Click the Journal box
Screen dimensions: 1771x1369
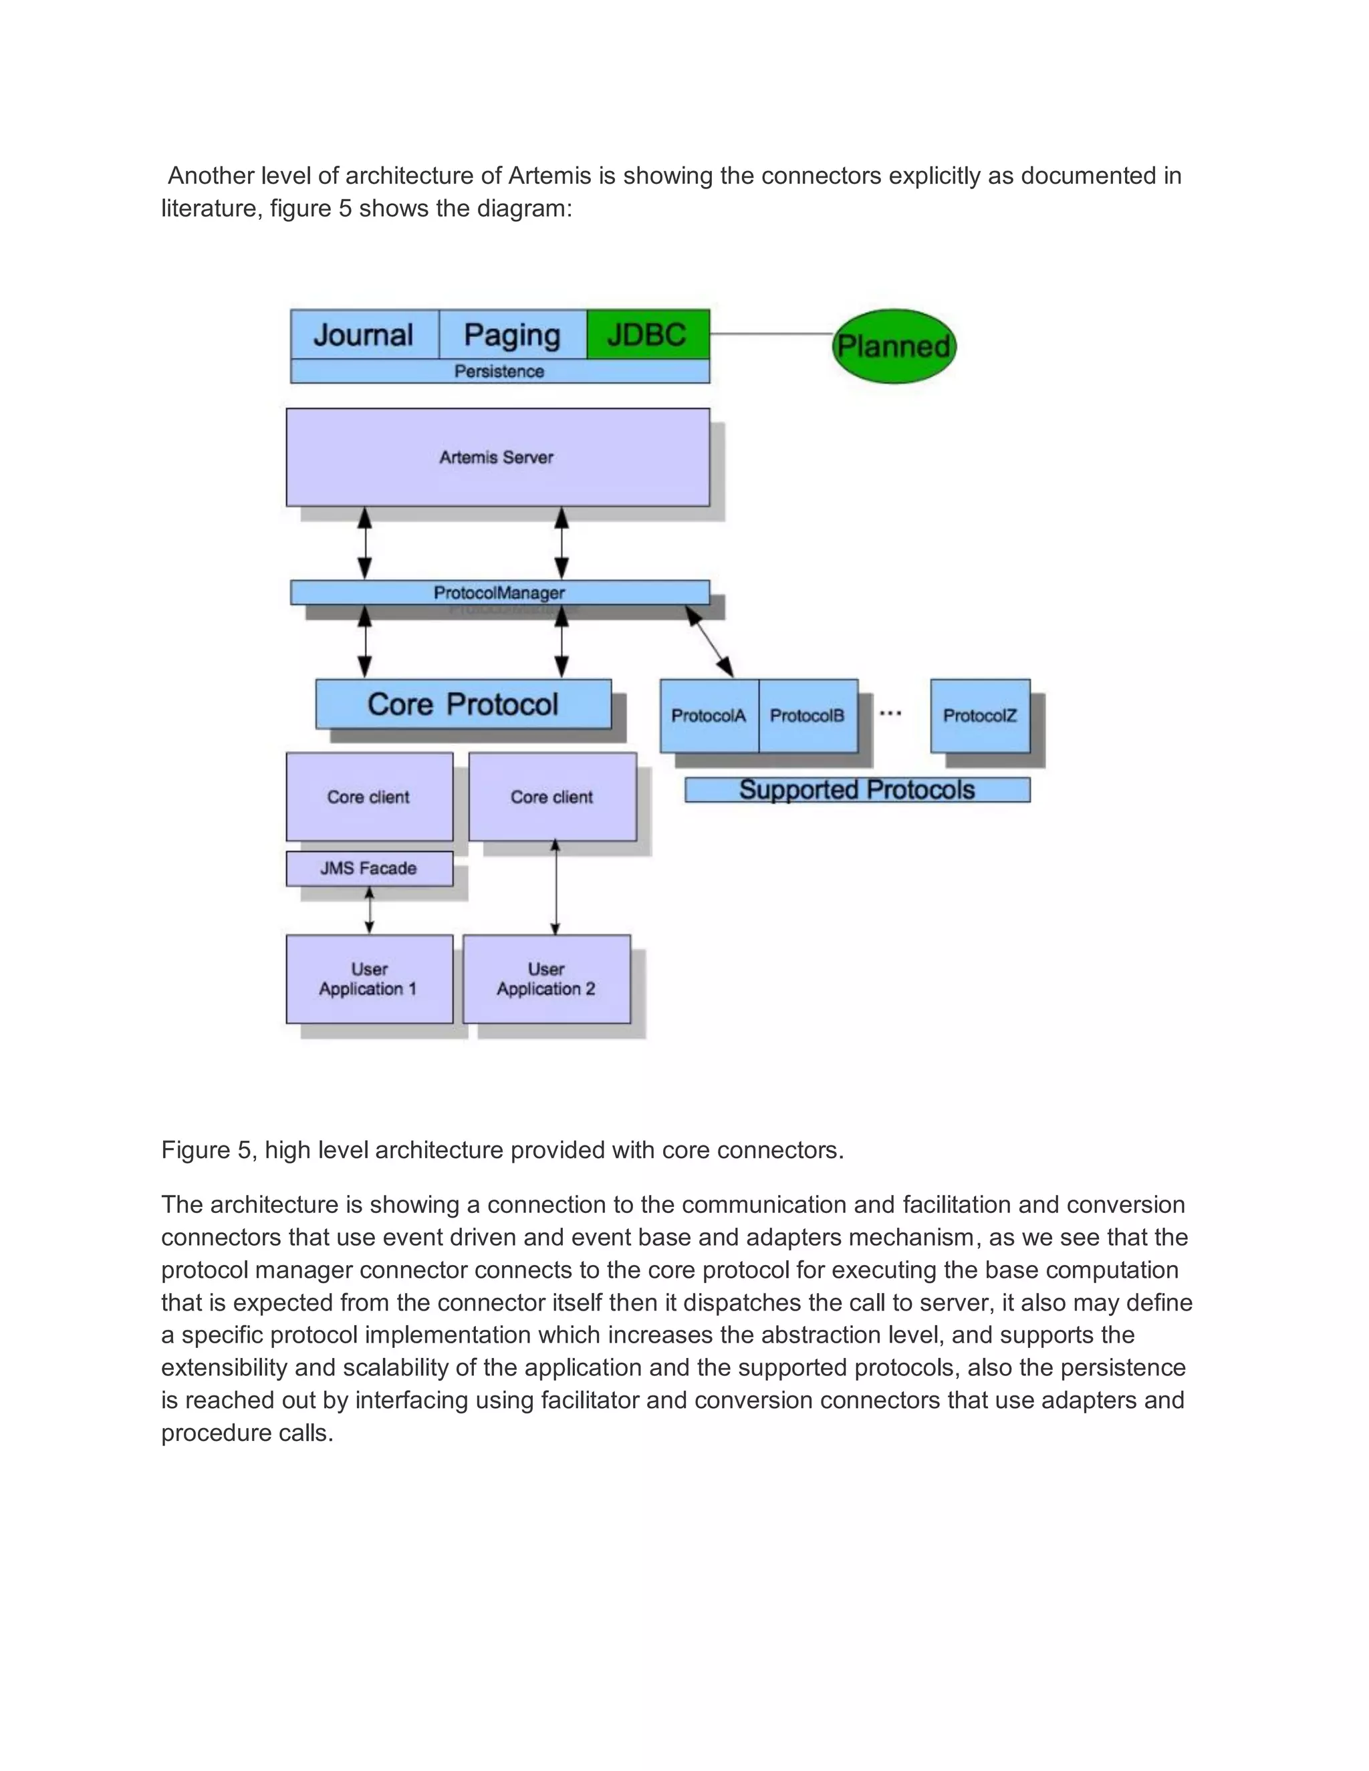(x=364, y=334)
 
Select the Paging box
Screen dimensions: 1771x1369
(x=513, y=334)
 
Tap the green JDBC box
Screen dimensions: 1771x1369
(x=647, y=334)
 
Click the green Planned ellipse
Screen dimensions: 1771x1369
(x=894, y=346)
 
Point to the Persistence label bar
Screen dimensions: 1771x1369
(x=499, y=372)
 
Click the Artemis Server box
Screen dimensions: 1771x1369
(x=497, y=457)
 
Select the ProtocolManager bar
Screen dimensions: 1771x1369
(x=499, y=592)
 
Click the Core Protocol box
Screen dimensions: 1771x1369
(x=463, y=704)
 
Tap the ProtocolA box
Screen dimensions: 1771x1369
(x=709, y=715)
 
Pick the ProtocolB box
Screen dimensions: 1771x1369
(x=807, y=715)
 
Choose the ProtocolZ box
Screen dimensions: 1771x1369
(x=980, y=715)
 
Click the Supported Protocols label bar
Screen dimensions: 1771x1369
(x=856, y=790)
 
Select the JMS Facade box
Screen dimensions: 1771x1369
(x=369, y=869)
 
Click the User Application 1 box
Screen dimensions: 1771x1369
(x=369, y=979)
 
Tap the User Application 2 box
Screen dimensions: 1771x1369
(x=546, y=979)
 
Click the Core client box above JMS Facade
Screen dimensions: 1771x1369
(x=369, y=797)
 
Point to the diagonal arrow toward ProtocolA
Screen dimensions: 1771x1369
(x=710, y=642)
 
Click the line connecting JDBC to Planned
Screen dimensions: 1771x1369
(x=771, y=333)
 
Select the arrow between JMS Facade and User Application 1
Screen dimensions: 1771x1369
(x=370, y=911)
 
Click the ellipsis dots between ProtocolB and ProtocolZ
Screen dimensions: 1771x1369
(x=890, y=714)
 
